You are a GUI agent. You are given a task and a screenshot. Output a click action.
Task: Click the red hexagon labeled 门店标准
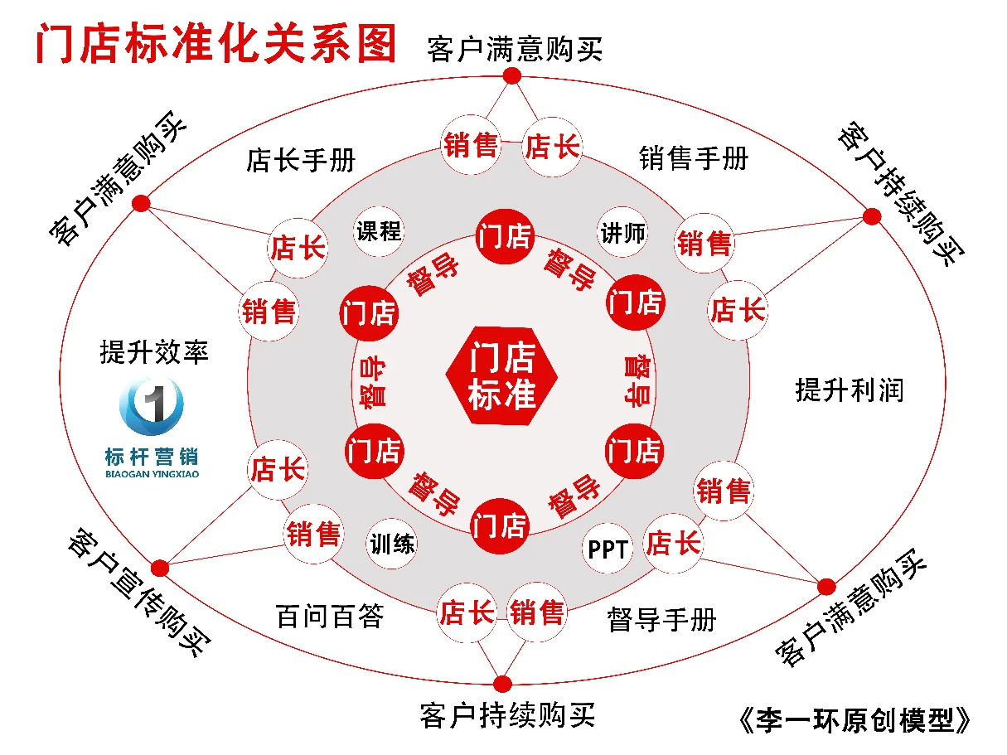501,375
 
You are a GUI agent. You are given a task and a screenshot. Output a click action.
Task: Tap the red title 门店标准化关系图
215,44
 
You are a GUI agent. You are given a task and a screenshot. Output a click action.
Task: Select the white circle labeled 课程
379,231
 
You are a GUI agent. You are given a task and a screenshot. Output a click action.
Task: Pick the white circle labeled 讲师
622,233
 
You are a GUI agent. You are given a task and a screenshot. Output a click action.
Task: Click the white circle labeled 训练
391,544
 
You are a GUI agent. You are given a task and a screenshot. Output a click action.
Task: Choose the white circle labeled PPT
608,549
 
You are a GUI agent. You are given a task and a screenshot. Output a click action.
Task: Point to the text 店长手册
301,161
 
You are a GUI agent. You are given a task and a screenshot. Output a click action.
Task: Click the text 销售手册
694,158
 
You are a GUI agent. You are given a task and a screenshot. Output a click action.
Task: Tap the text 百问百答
330,617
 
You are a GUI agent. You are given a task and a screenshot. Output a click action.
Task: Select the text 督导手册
661,620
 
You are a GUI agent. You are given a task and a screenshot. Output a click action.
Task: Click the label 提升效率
154,352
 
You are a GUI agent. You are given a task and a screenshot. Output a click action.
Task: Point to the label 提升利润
850,390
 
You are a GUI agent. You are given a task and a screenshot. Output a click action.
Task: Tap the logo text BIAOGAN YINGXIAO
153,474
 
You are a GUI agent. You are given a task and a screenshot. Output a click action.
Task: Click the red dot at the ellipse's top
512,75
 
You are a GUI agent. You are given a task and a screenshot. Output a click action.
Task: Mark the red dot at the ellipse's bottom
503,684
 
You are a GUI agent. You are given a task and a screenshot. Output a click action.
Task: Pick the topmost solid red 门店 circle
505,237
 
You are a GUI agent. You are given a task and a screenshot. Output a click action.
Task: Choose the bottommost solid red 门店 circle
500,526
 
